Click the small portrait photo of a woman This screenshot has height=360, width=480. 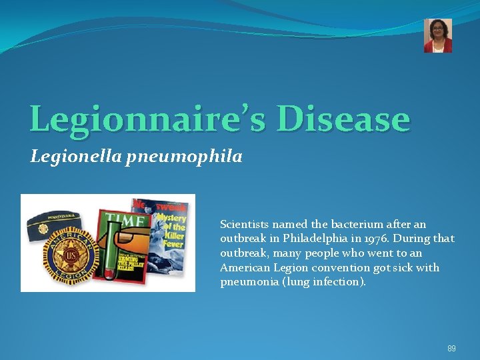tap(438, 35)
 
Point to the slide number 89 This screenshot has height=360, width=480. tap(451, 348)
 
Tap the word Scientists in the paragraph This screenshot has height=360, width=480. tap(245, 224)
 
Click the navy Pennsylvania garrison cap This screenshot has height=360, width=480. tap(59, 215)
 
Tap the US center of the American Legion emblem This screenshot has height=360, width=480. tap(69, 256)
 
